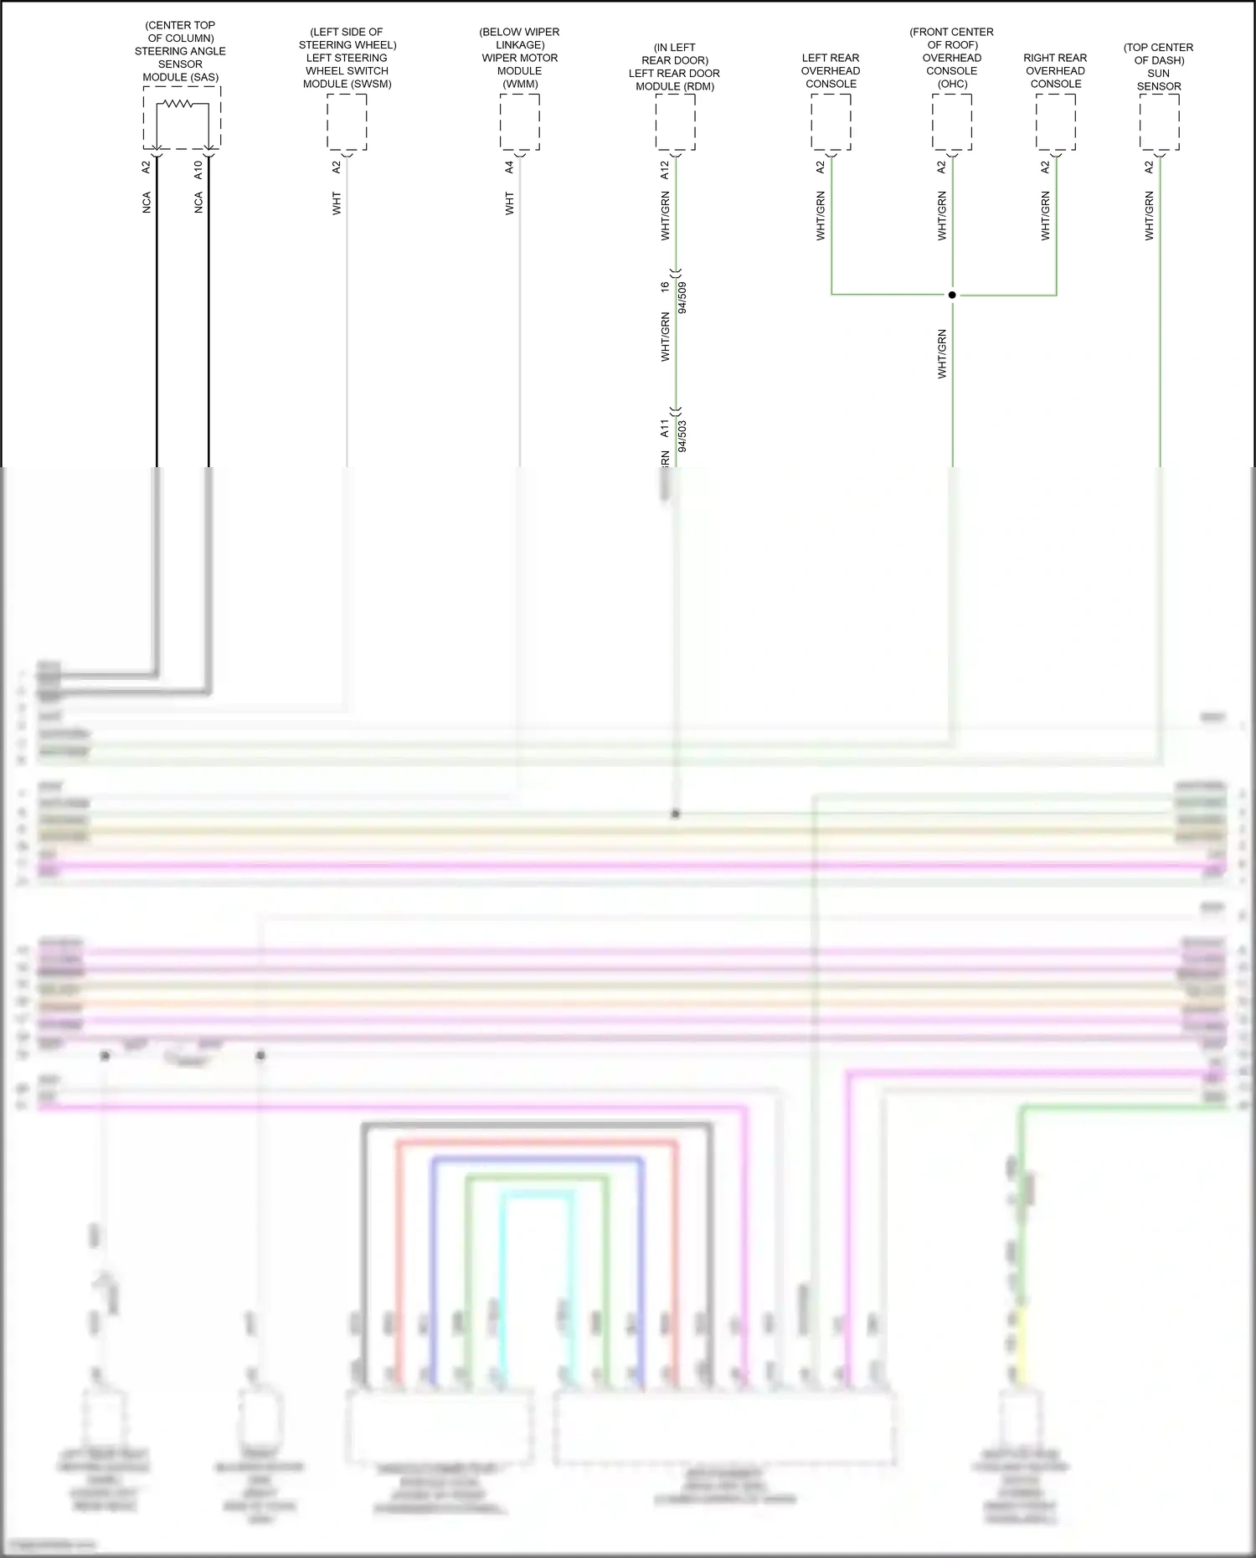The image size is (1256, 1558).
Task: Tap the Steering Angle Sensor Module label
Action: (x=180, y=51)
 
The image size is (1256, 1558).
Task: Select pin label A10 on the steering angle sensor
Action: (x=198, y=170)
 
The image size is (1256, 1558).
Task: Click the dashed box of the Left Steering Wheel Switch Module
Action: (x=347, y=122)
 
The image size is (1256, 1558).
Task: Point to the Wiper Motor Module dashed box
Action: (x=519, y=122)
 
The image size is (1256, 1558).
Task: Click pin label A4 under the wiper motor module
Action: (x=509, y=167)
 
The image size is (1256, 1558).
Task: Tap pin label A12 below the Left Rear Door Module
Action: (x=665, y=170)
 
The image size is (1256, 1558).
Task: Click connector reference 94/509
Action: (x=682, y=297)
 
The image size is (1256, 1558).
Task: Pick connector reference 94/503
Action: (x=682, y=436)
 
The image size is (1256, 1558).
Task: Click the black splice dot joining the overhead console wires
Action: (x=952, y=295)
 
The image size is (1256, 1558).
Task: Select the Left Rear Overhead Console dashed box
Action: (x=831, y=122)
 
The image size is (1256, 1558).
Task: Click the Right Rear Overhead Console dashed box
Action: (x=1056, y=122)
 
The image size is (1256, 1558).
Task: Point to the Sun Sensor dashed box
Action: (x=1160, y=122)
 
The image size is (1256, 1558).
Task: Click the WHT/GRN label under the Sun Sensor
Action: (x=1150, y=216)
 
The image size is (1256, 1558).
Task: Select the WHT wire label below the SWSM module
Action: (x=337, y=203)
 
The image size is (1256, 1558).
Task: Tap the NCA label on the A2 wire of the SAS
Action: (x=147, y=203)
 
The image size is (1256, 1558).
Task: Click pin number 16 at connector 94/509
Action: (x=665, y=286)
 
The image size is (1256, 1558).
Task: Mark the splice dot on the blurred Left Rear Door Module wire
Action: (x=676, y=814)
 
